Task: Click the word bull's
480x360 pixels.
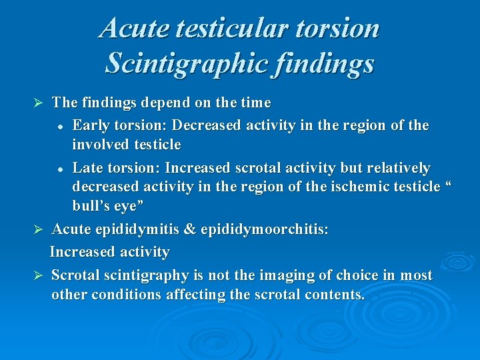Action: (x=94, y=206)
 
